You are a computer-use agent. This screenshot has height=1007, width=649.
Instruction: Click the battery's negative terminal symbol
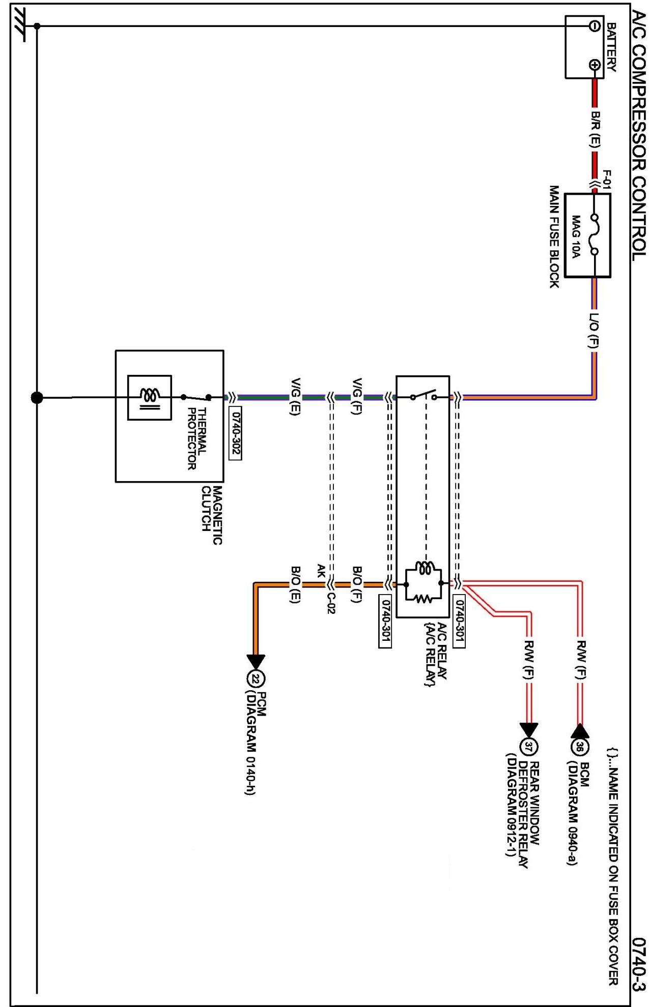point(594,26)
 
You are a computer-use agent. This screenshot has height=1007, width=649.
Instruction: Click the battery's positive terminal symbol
point(594,65)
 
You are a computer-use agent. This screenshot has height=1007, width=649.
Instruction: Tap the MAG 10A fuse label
point(575,236)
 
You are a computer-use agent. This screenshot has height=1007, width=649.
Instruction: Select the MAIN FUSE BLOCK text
point(554,236)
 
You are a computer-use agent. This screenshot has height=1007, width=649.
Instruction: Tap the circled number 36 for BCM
point(580,747)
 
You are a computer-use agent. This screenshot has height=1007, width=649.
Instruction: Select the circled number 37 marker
point(528,747)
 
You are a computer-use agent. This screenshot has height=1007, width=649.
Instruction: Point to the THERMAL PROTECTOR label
point(196,438)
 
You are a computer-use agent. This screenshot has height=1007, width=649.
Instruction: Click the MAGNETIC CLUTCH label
point(211,515)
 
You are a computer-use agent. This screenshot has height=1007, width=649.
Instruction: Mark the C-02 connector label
point(331,603)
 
